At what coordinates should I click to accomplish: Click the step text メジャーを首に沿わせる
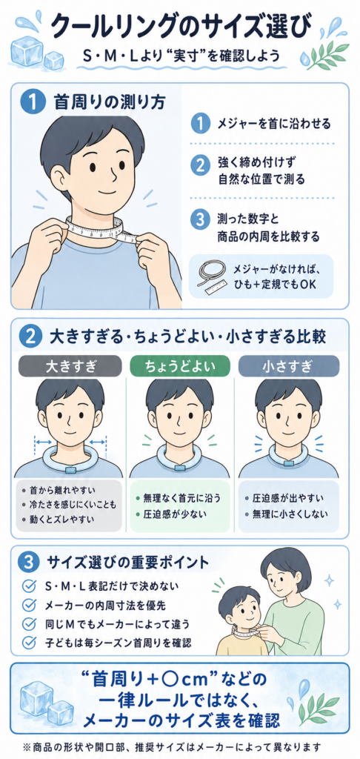tap(274, 124)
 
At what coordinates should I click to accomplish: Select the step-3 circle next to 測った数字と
tap(199, 221)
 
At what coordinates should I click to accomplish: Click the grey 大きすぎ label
tap(69, 366)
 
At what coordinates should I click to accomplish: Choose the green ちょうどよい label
tap(179, 366)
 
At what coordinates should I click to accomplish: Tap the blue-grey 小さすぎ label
tap(288, 366)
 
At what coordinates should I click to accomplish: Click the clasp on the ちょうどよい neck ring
tap(179, 469)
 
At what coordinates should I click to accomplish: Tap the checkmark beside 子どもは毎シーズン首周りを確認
tap(30, 643)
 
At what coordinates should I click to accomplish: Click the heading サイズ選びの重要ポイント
tap(128, 563)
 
